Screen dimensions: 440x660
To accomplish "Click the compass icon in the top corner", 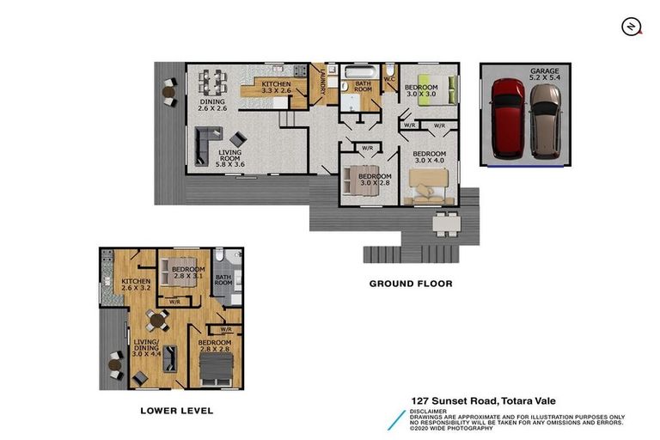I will (x=632, y=27).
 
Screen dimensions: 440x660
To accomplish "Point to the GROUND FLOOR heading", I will (x=410, y=283).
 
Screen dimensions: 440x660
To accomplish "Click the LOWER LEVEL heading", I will (x=176, y=411).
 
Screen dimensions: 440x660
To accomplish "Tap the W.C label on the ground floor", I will (x=388, y=80).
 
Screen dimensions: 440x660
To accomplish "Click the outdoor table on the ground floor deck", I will (x=445, y=223).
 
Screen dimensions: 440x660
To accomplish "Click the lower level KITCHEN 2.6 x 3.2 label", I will (x=136, y=285).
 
